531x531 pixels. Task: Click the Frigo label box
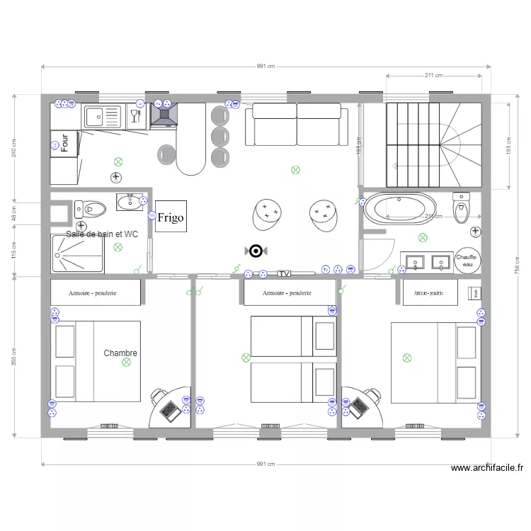tap(170, 217)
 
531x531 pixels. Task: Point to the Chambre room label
tap(120, 353)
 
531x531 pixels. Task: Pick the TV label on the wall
tap(285, 273)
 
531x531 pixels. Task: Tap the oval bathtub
tap(400, 209)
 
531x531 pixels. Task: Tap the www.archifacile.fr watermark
tap(487, 468)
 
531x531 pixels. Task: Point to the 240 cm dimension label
tap(14, 148)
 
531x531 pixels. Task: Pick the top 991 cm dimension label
tap(265, 66)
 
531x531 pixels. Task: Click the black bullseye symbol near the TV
tap(256, 251)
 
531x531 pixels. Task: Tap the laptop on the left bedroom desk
tap(169, 410)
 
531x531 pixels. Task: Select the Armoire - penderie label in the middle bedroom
tap(289, 292)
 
